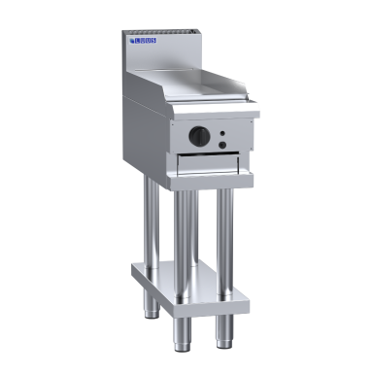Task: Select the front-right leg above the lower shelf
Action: coord(225,233)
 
